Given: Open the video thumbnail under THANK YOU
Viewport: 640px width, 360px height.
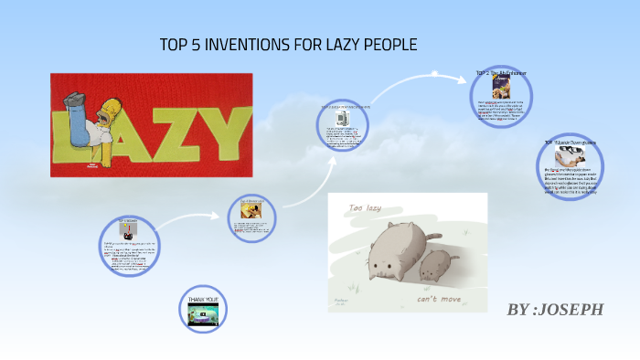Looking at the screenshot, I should (x=203, y=314).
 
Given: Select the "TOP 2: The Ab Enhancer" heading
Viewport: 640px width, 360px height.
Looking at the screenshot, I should (x=500, y=72).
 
